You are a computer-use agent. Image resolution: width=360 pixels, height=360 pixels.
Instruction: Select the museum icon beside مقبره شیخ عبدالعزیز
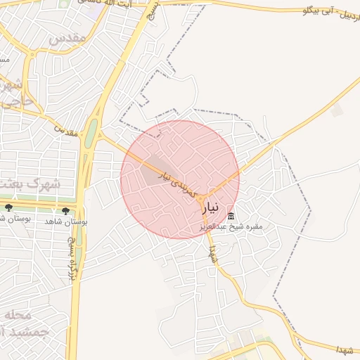(x=231, y=216)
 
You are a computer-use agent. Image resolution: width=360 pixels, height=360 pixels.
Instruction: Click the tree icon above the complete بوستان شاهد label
(x=65, y=210)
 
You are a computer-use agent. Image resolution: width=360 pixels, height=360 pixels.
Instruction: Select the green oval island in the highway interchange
(x=90, y=134)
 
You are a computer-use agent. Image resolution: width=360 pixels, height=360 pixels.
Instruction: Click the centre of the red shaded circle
(x=179, y=179)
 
